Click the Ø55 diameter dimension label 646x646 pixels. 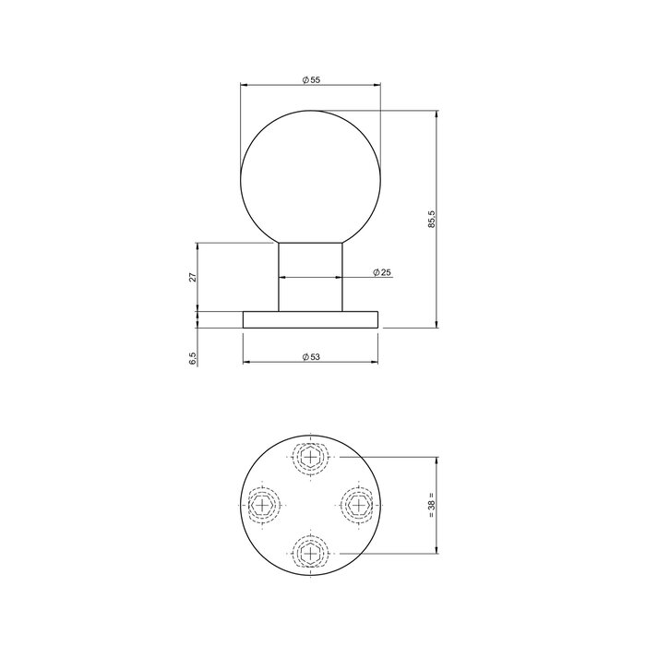tap(311, 80)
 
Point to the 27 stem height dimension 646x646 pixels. tap(193, 277)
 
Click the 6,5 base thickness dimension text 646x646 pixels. tap(193, 359)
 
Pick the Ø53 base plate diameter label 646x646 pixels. tap(311, 356)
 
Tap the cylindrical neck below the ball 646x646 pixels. tap(311, 277)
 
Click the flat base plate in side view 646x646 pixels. tap(311, 319)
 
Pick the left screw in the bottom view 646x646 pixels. tap(264, 504)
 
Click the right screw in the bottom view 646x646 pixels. tap(358, 504)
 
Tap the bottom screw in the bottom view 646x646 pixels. tap(311, 553)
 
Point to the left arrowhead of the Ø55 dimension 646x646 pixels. tap(245, 85)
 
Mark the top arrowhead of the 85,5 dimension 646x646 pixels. tap(437, 114)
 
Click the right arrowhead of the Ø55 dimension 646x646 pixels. tap(377, 85)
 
